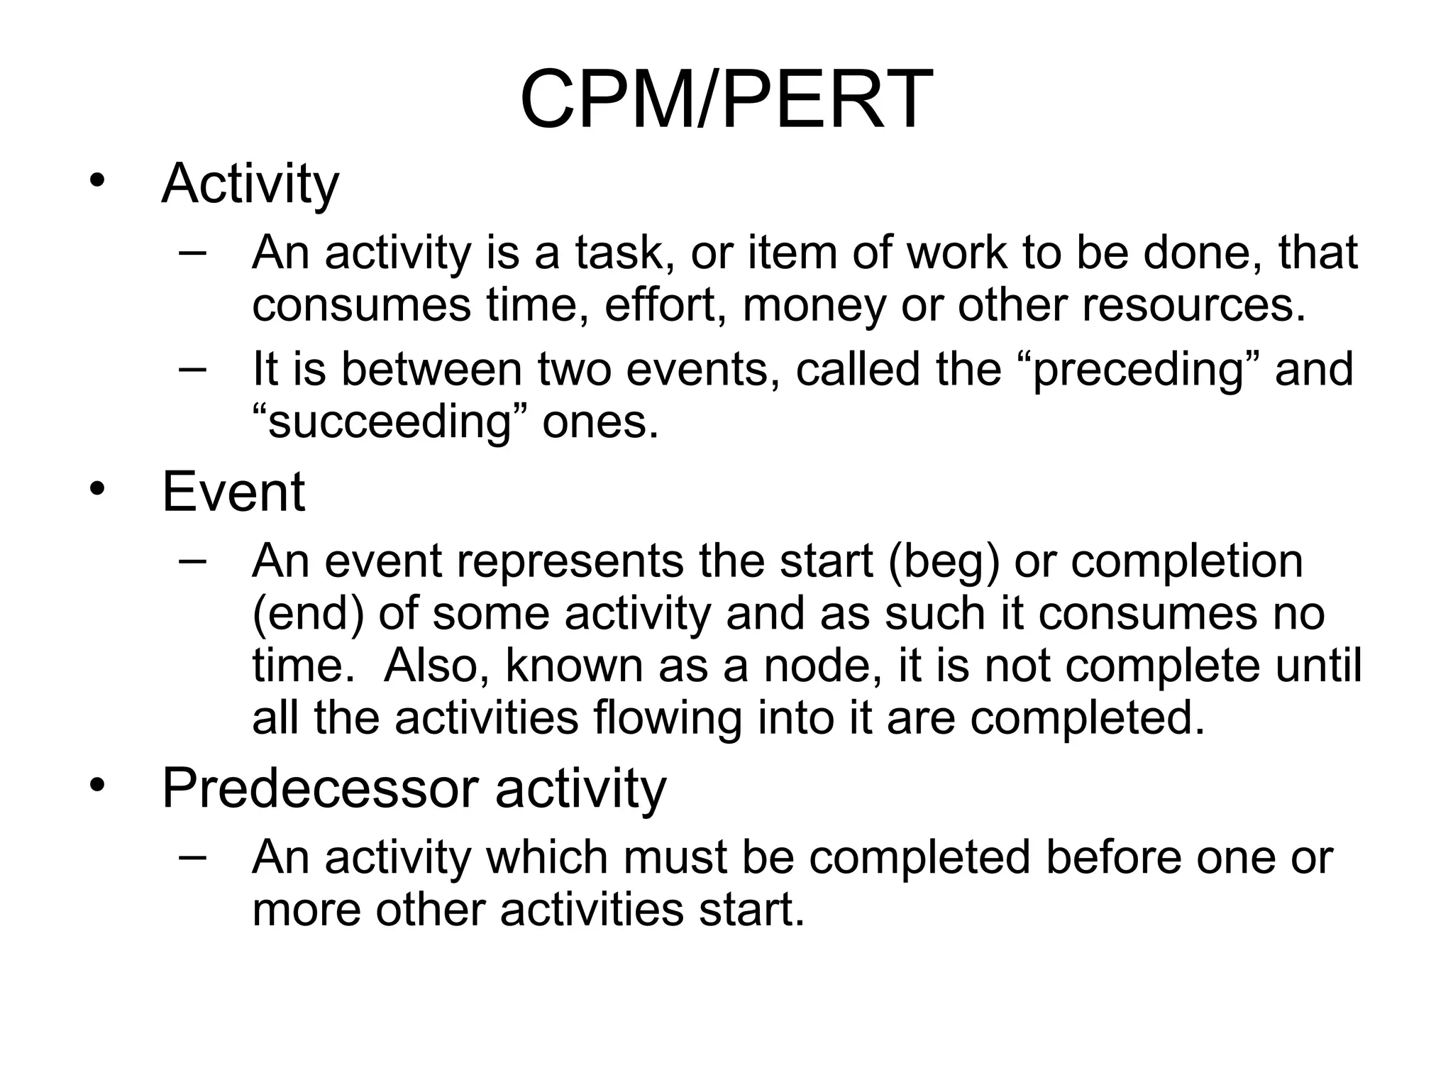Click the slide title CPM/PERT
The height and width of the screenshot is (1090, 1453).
click(x=725, y=100)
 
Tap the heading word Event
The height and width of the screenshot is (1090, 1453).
click(x=233, y=492)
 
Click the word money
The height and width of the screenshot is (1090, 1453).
click(x=814, y=305)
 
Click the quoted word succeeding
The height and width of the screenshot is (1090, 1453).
click(x=390, y=423)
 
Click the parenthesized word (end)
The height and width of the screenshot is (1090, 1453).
click(x=308, y=614)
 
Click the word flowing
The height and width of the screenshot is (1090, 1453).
click(x=668, y=718)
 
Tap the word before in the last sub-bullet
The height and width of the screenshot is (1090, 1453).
click(x=1112, y=857)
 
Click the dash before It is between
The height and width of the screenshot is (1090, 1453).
click(x=192, y=369)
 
